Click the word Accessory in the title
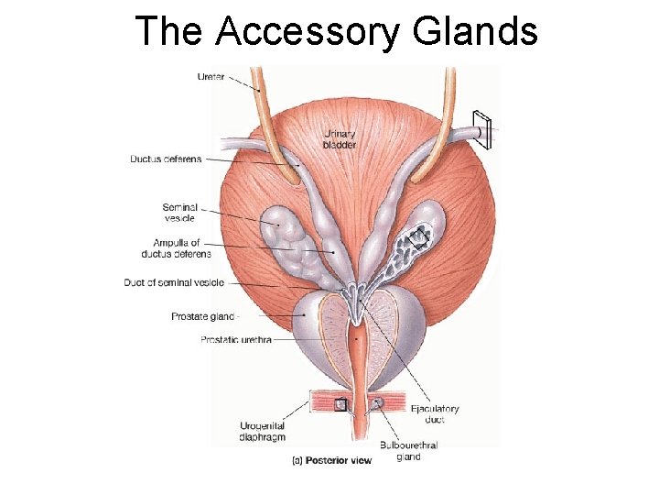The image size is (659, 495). tap(309, 32)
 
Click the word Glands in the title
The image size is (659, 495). tap(475, 32)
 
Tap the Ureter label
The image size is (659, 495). tap(211, 76)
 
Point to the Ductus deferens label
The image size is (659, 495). tap(166, 159)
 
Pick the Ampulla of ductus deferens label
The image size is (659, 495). tap(176, 247)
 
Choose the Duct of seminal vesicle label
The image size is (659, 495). tap(173, 282)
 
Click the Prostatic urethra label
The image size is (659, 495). tap(234, 340)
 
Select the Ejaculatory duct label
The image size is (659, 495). tap(435, 414)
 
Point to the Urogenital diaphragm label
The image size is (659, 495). tap(263, 431)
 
